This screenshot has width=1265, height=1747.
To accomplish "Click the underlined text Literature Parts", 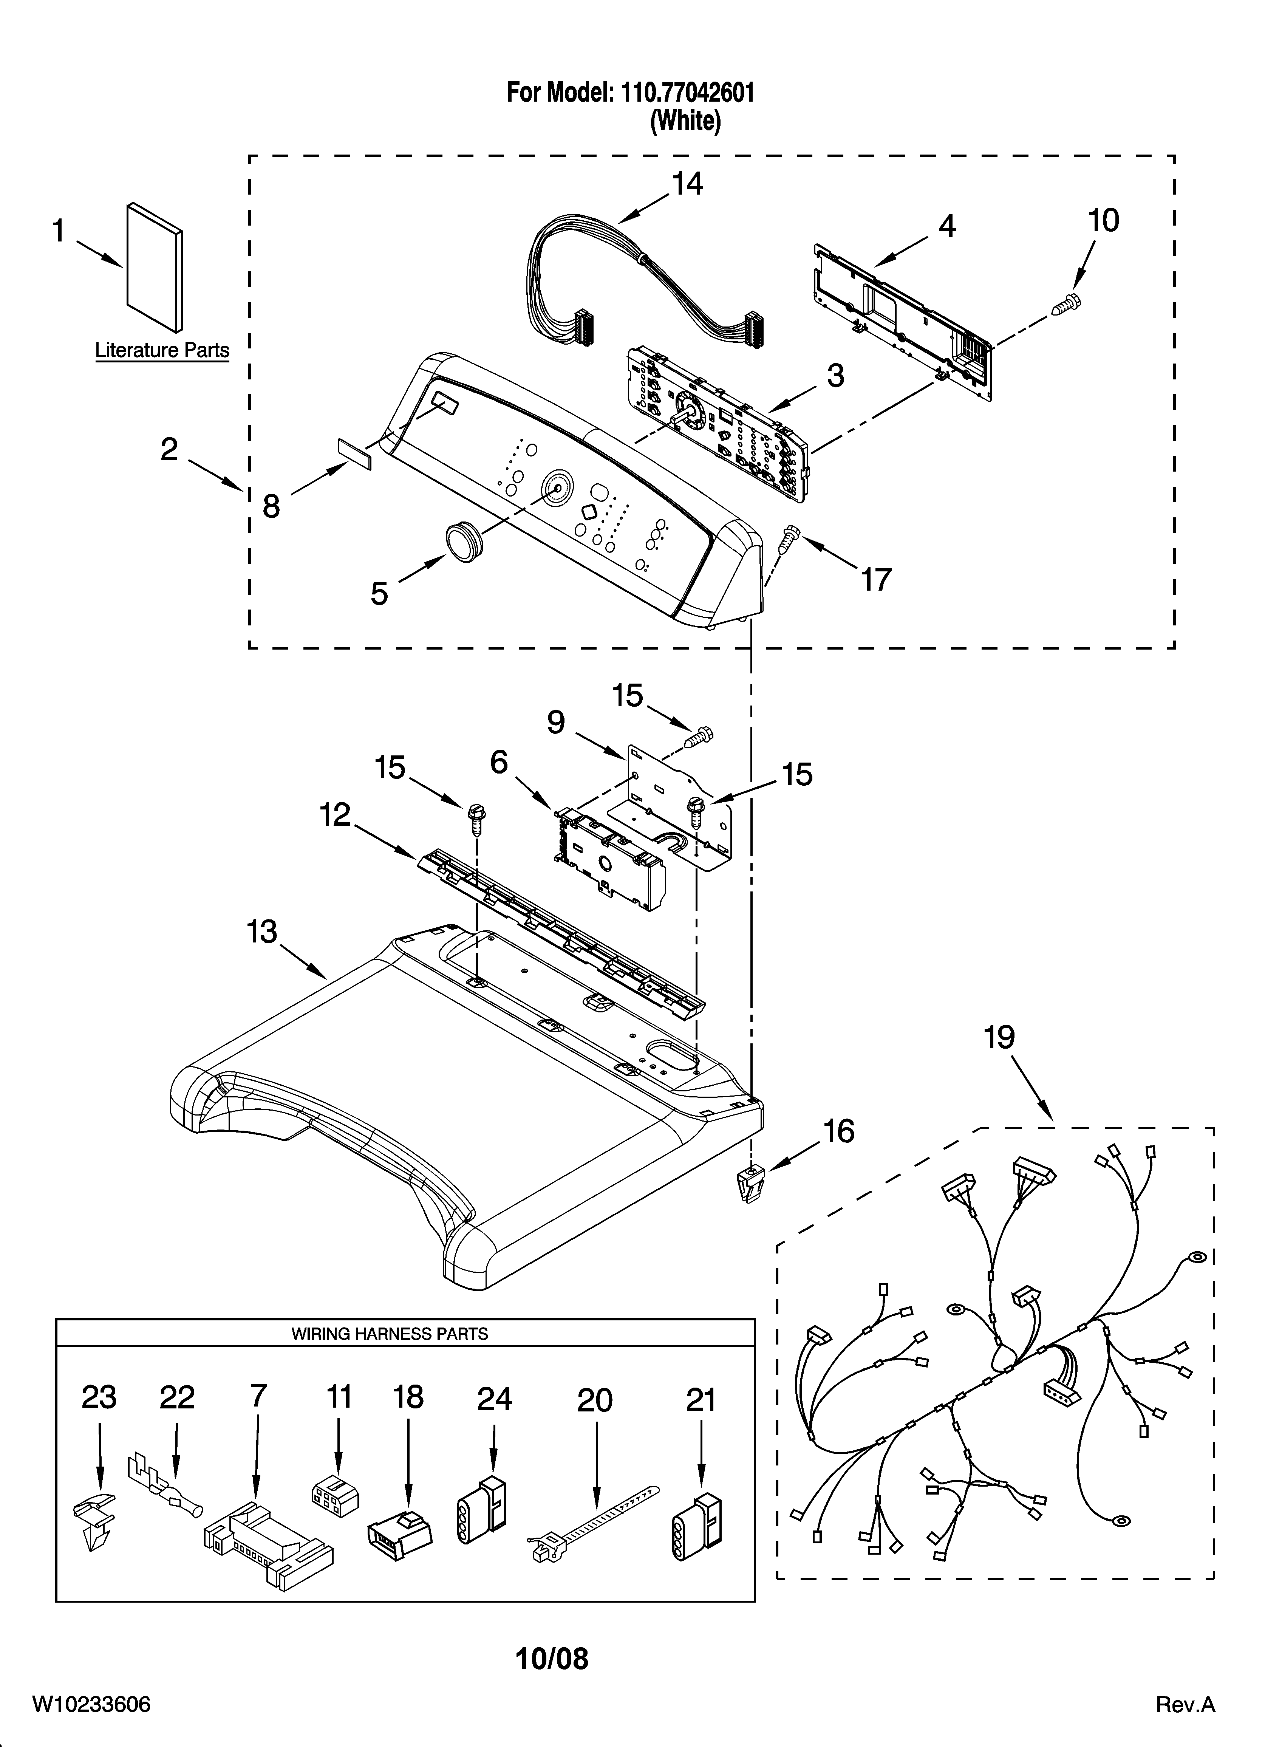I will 162,350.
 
